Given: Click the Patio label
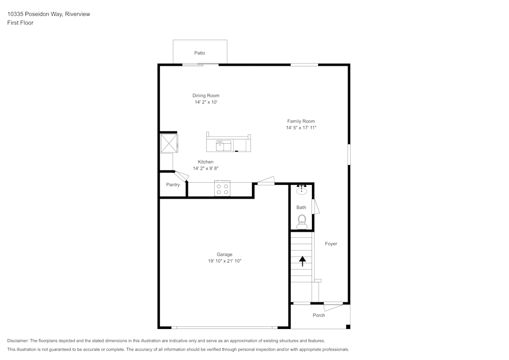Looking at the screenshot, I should pos(200,53).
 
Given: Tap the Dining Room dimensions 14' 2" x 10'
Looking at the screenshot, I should pos(206,102).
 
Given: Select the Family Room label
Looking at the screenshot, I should pos(301,121).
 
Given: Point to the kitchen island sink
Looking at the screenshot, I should pos(224,146).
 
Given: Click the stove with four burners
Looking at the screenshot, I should pos(222,189).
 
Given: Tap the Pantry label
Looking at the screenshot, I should pos(173,185).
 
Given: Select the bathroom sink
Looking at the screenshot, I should pos(301,190).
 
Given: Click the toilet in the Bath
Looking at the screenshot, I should pos(302,221).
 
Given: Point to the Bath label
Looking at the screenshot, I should pos(301,207).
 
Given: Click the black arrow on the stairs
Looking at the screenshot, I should pos(302,261).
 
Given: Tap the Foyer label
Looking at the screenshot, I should pos(331,244).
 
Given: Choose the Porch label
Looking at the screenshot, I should pos(319,315).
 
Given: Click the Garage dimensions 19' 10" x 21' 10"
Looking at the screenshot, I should pos(224,261).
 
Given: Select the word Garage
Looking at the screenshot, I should pos(224,255).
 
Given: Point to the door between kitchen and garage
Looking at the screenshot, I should pos(266,181).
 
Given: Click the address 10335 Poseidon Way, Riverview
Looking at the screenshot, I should pos(48,14).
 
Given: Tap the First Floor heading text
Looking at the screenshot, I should pos(20,23).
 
